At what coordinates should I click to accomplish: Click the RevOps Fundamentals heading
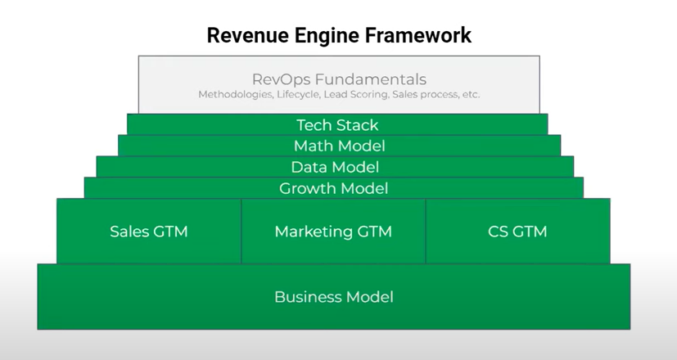[339, 79]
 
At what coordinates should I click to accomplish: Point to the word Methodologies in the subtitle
[236, 94]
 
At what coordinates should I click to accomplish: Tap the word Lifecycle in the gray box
[298, 94]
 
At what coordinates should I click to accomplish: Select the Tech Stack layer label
[337, 125]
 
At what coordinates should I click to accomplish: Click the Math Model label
[340, 146]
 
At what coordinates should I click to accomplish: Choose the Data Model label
[335, 167]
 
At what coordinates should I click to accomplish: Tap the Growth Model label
[333, 188]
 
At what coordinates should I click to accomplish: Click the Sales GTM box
[149, 231]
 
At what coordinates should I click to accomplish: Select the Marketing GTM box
[333, 231]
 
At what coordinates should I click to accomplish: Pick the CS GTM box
[517, 231]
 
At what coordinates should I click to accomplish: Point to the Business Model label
[334, 297]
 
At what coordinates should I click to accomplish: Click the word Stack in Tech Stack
[356, 125]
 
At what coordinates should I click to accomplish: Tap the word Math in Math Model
[313, 146]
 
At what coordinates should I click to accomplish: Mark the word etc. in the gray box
[471, 94]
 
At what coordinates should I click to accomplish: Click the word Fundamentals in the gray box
[371, 79]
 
